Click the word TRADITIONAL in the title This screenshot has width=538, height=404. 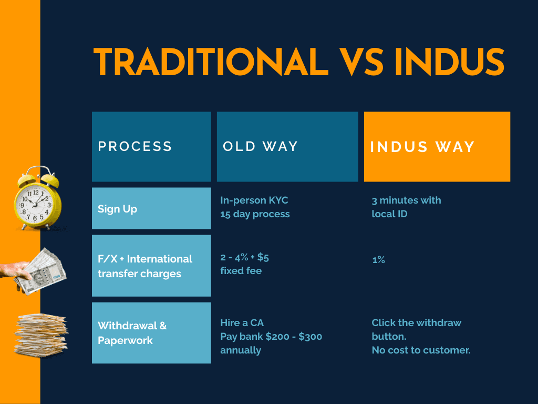(211, 62)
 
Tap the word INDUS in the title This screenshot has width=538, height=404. (449, 62)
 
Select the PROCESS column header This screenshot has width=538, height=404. (151, 147)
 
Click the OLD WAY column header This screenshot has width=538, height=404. (287, 147)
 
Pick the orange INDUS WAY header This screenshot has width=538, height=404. (437, 147)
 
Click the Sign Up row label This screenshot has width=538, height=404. (151, 208)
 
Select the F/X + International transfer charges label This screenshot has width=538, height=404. (151, 266)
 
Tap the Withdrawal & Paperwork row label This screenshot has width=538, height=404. (151, 333)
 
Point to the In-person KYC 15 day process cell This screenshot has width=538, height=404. (255, 207)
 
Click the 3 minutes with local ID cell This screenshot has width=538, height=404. (406, 207)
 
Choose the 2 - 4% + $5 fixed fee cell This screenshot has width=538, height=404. (244, 264)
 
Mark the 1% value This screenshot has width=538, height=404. (378, 260)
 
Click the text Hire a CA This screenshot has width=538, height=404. (242, 323)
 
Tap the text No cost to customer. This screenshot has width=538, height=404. (421, 350)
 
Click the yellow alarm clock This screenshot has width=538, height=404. (38, 198)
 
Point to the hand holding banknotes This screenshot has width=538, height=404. (34, 271)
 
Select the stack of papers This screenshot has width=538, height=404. (41, 335)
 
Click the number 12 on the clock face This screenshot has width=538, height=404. (36, 193)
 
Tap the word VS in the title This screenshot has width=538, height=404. (361, 62)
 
